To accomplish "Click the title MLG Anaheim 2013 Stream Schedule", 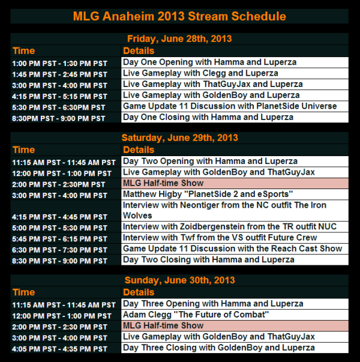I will tap(179, 16).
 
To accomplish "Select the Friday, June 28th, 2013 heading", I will tap(179, 39).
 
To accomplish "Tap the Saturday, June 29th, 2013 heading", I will tap(179, 138).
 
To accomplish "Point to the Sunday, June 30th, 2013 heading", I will tap(179, 280).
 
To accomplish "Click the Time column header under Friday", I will tap(24, 50).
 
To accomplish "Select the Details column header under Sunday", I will tap(140, 292).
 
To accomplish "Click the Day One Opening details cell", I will tap(234, 62).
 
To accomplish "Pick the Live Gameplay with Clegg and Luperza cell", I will tap(234, 73).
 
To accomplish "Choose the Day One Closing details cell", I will tap(234, 117).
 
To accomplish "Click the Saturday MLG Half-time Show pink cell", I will tap(234, 183).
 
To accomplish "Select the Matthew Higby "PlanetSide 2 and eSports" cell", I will tap(234, 195).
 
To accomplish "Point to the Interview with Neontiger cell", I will tap(234, 210).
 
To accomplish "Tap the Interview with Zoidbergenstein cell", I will tap(234, 227).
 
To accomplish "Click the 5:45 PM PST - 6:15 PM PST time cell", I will tap(60, 238).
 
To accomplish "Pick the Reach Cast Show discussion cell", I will tap(234, 249).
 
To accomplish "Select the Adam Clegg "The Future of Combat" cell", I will tap(234, 315).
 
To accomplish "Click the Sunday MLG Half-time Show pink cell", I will tap(234, 325).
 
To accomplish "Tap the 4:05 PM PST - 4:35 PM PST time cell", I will tap(60, 348).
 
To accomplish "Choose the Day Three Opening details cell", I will tap(234, 304).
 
